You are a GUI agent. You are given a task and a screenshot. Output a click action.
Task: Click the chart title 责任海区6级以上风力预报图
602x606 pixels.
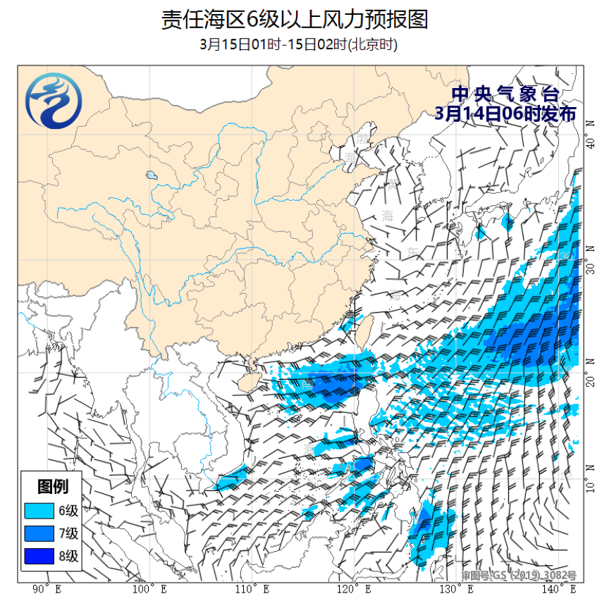tap(295, 19)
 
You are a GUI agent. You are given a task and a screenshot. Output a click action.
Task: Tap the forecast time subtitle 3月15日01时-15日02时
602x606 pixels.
tap(299, 44)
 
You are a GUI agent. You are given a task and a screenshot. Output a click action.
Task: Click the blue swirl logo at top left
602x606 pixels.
tap(54, 102)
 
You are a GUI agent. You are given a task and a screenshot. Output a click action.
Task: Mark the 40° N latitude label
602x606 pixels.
tap(590, 144)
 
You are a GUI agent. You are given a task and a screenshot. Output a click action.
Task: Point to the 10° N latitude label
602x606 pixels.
tap(590, 488)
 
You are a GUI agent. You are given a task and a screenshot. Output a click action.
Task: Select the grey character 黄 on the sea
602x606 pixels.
tap(391, 185)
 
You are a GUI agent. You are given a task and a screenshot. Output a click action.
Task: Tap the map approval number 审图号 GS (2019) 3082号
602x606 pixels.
tap(519, 576)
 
